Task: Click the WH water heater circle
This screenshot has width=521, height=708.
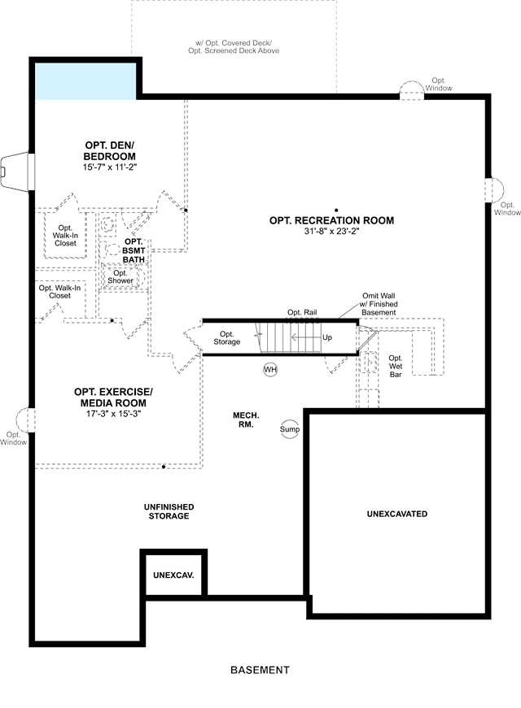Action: click(270, 370)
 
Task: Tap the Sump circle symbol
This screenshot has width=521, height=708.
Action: click(290, 429)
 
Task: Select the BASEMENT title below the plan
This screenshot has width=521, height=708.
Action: click(260, 670)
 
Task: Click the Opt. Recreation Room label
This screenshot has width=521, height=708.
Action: click(331, 220)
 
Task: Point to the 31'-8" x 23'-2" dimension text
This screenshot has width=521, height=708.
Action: click(331, 231)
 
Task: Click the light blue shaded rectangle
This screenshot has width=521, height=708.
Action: click(86, 81)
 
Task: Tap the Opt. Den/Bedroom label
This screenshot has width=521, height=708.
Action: click(109, 151)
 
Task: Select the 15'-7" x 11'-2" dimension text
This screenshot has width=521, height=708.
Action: click(109, 167)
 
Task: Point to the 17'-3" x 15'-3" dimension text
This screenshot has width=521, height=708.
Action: click(113, 414)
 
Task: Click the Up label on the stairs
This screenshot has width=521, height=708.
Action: click(327, 337)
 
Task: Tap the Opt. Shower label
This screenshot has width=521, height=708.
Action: click(120, 277)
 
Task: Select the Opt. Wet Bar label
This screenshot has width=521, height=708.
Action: click(396, 366)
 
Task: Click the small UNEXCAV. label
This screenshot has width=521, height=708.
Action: click(173, 576)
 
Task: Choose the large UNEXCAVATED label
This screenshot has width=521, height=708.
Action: click(397, 514)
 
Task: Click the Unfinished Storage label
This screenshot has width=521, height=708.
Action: click(169, 511)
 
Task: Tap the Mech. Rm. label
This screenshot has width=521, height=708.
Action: click(246, 420)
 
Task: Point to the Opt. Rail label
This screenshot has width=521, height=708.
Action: click(302, 312)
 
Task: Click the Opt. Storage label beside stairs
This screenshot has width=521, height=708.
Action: click(226, 338)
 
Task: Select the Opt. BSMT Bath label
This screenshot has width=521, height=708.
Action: click(134, 250)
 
